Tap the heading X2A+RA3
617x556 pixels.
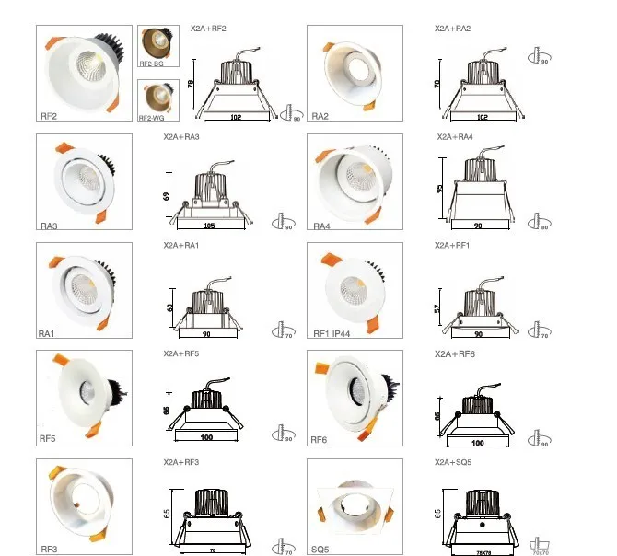[181, 137]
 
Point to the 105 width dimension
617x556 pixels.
[211, 225]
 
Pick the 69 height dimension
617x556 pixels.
[166, 197]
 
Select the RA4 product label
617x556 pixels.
[321, 226]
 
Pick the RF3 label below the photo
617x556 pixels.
[50, 550]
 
